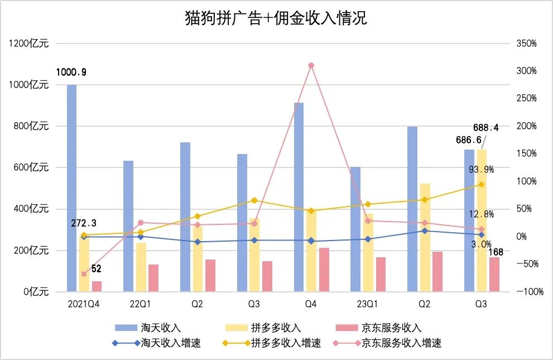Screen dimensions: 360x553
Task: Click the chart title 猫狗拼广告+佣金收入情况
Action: [276, 18]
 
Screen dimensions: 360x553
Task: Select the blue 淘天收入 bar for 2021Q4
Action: [71, 188]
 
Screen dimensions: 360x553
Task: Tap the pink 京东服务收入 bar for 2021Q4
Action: [97, 286]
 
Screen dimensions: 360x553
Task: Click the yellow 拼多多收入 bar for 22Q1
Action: [141, 267]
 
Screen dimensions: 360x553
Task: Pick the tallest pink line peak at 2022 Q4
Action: [311, 65]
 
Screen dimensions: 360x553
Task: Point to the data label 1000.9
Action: [71, 72]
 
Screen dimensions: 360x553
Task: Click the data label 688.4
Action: [485, 127]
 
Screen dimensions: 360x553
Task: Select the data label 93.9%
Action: [481, 170]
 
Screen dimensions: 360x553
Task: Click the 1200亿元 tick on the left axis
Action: [29, 43]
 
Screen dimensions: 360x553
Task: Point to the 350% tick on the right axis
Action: [526, 43]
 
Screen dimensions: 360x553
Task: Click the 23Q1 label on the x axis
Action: [367, 304]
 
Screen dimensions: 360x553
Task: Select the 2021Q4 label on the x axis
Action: [83, 304]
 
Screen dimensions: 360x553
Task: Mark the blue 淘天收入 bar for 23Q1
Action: [355, 229]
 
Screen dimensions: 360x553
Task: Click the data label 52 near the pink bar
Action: [96, 268]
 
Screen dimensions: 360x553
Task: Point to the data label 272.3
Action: [83, 223]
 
